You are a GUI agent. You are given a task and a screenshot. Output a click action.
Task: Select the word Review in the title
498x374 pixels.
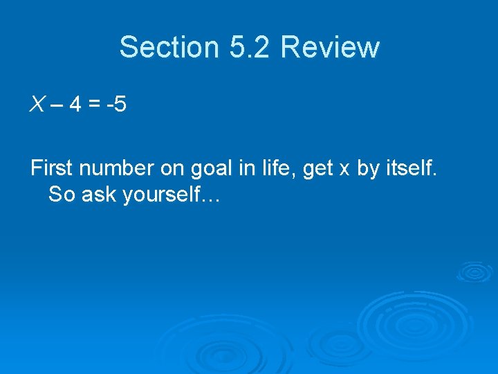coord(330,47)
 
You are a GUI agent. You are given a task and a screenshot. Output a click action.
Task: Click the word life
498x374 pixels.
coord(272,169)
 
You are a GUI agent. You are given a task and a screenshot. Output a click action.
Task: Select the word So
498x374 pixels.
coord(62,195)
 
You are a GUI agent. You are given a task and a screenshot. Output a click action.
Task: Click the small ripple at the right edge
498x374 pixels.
coord(476,271)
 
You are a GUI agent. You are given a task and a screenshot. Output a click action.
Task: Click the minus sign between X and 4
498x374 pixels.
coord(56,106)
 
